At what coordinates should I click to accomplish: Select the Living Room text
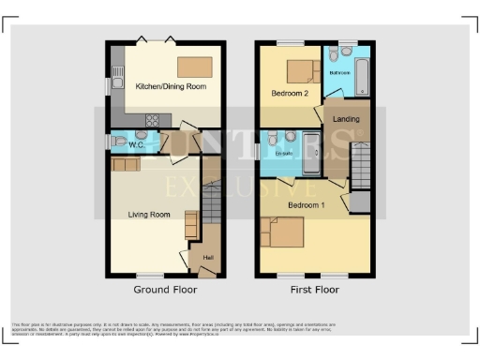[x=148, y=215]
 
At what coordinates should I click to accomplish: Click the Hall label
[x=208, y=257]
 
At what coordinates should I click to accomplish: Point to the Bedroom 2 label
[x=290, y=94]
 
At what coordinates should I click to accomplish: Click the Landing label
[x=346, y=119]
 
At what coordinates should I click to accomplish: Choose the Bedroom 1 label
[x=307, y=204]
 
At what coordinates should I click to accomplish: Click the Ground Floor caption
[x=164, y=290]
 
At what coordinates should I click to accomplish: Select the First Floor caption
[x=313, y=290]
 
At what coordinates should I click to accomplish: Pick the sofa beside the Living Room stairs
[x=191, y=226]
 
